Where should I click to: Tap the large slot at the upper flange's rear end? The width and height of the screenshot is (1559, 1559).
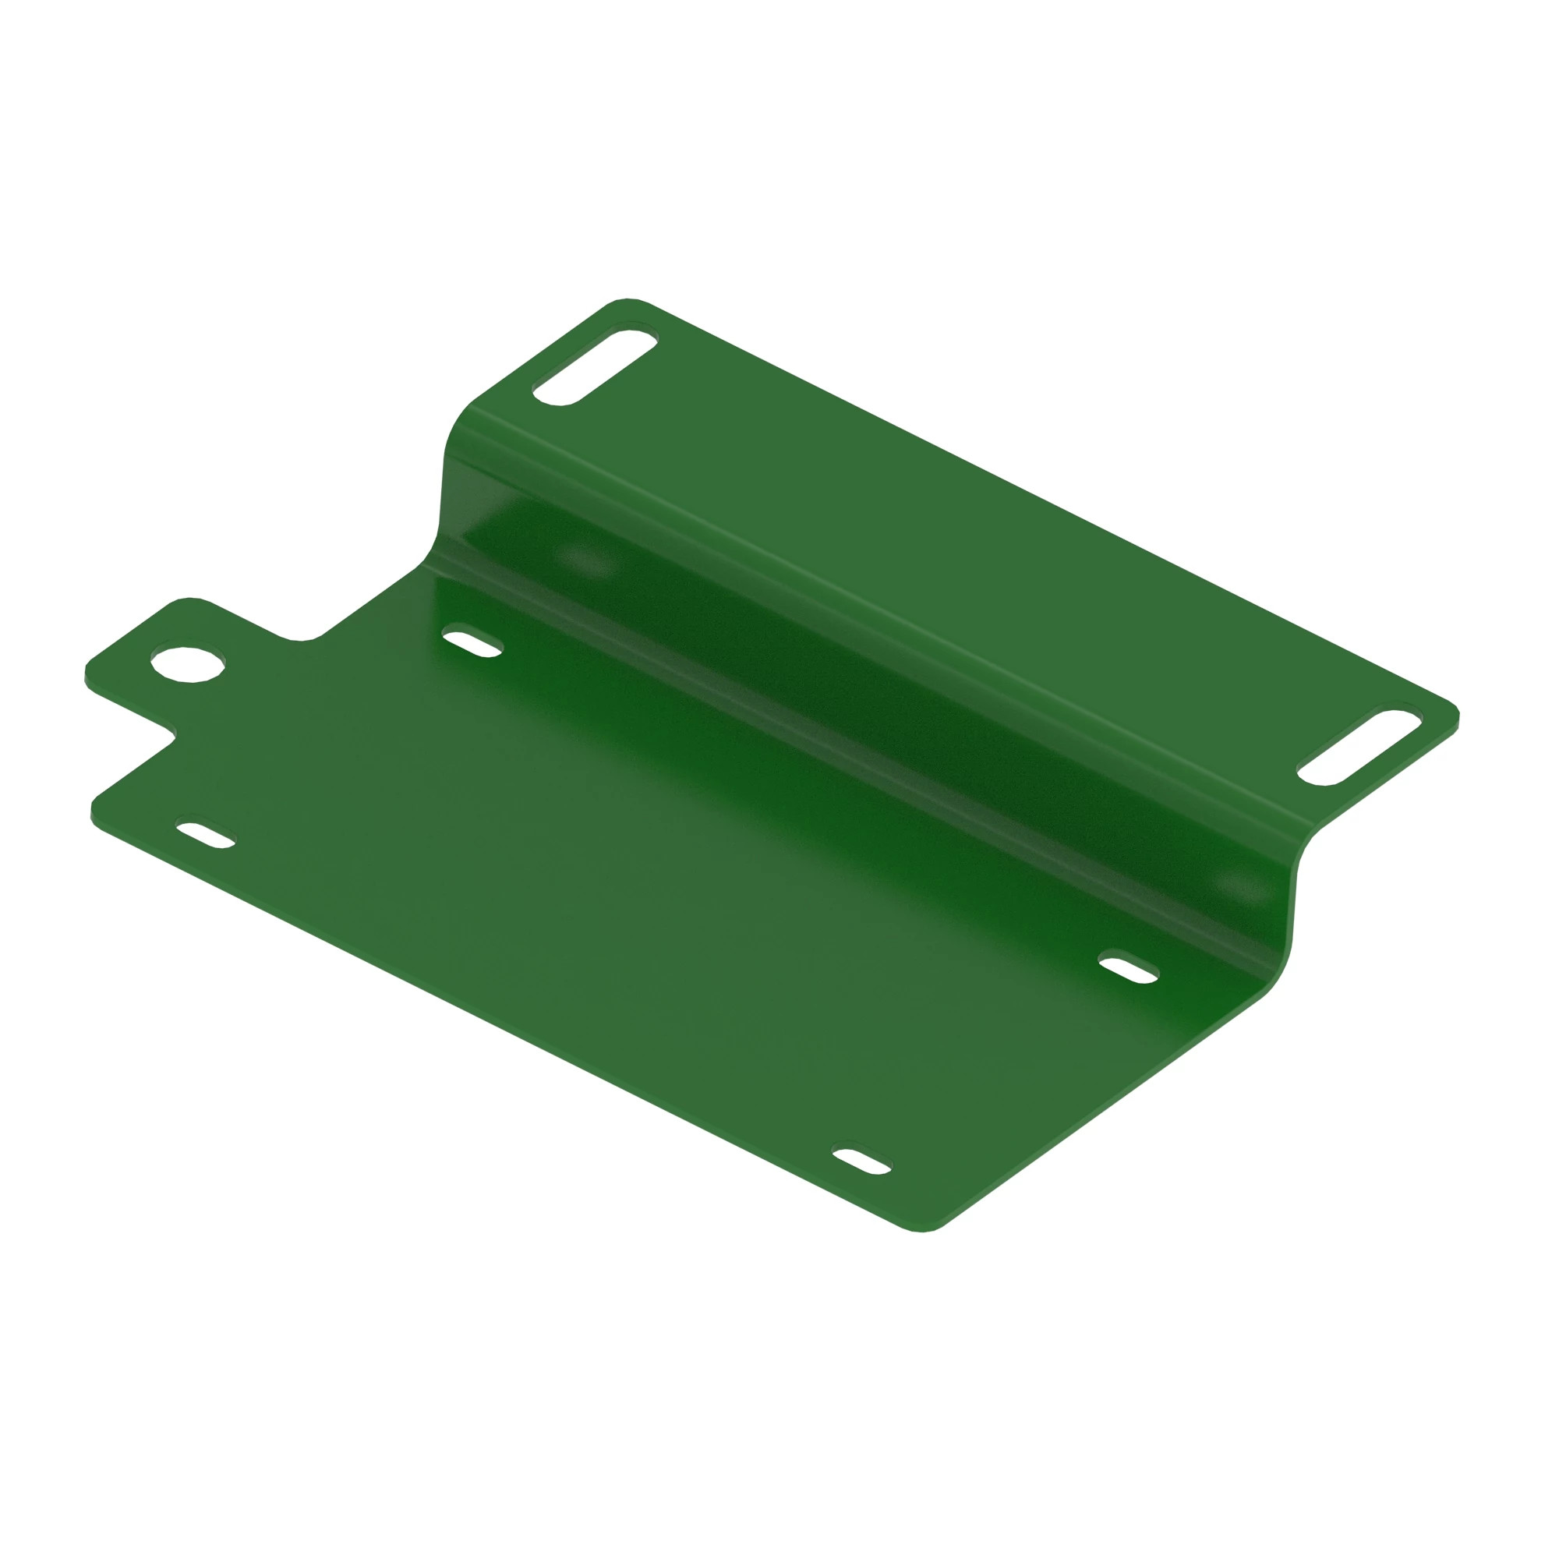595,365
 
